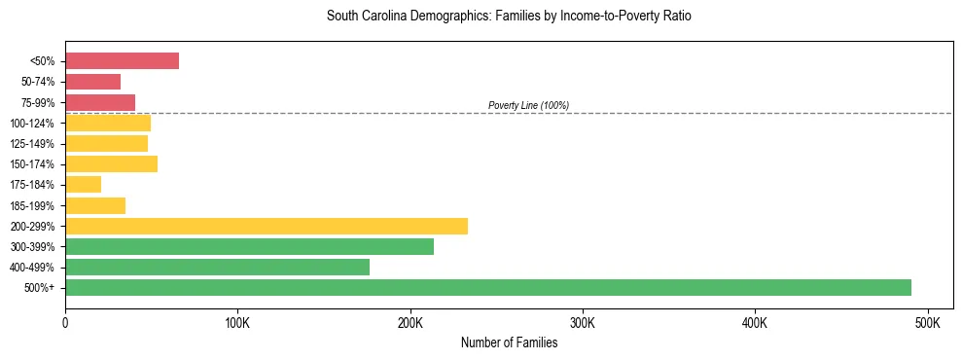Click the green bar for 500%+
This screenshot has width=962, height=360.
[487, 288]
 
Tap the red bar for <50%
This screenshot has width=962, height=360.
[122, 61]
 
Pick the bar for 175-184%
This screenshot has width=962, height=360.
[83, 185]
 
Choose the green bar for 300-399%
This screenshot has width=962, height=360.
[249, 247]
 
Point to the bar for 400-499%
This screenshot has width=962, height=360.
[217, 268]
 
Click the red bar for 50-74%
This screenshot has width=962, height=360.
[92, 82]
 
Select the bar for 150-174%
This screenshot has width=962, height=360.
[111, 164]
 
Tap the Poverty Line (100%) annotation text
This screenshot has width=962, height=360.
[528, 105]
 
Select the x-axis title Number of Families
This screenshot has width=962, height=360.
[509, 342]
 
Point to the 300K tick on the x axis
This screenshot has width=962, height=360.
[582, 322]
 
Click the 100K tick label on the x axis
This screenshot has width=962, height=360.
[237, 322]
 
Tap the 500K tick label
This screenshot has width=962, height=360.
[927, 322]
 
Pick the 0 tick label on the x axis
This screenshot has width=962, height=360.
[65, 322]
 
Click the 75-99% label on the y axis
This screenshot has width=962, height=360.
[37, 103]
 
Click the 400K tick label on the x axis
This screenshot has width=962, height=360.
[755, 322]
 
